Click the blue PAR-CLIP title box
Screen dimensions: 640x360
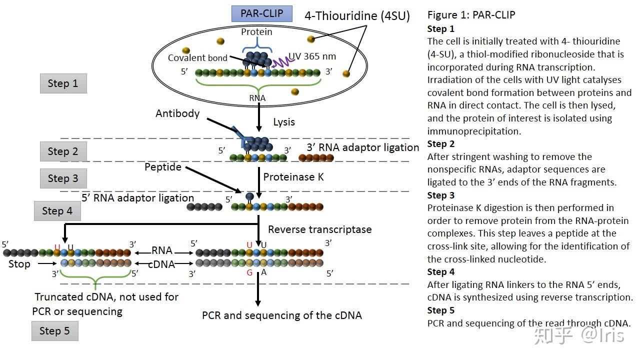(261, 13)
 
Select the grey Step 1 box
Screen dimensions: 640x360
(63, 83)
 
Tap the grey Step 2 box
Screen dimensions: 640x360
(63, 151)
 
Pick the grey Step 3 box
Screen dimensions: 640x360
(63, 178)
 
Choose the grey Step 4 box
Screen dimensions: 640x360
(57, 211)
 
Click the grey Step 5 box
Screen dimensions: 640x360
(54, 331)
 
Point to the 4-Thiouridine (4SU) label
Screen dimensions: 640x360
(357, 15)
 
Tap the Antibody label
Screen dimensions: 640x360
(177, 113)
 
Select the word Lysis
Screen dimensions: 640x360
(284, 122)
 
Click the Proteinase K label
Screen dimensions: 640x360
(293, 177)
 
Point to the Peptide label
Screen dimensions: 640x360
(163, 167)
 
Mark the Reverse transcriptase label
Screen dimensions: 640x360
(319, 229)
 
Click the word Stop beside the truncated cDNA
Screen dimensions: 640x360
(19, 264)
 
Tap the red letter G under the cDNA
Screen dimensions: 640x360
(249, 273)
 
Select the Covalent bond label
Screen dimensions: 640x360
(197, 58)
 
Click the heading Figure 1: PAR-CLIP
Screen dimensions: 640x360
(471, 15)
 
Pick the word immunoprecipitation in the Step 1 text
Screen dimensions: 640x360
(474, 131)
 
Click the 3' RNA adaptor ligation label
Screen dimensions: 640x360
(363, 147)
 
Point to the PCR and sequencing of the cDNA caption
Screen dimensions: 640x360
(281, 315)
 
